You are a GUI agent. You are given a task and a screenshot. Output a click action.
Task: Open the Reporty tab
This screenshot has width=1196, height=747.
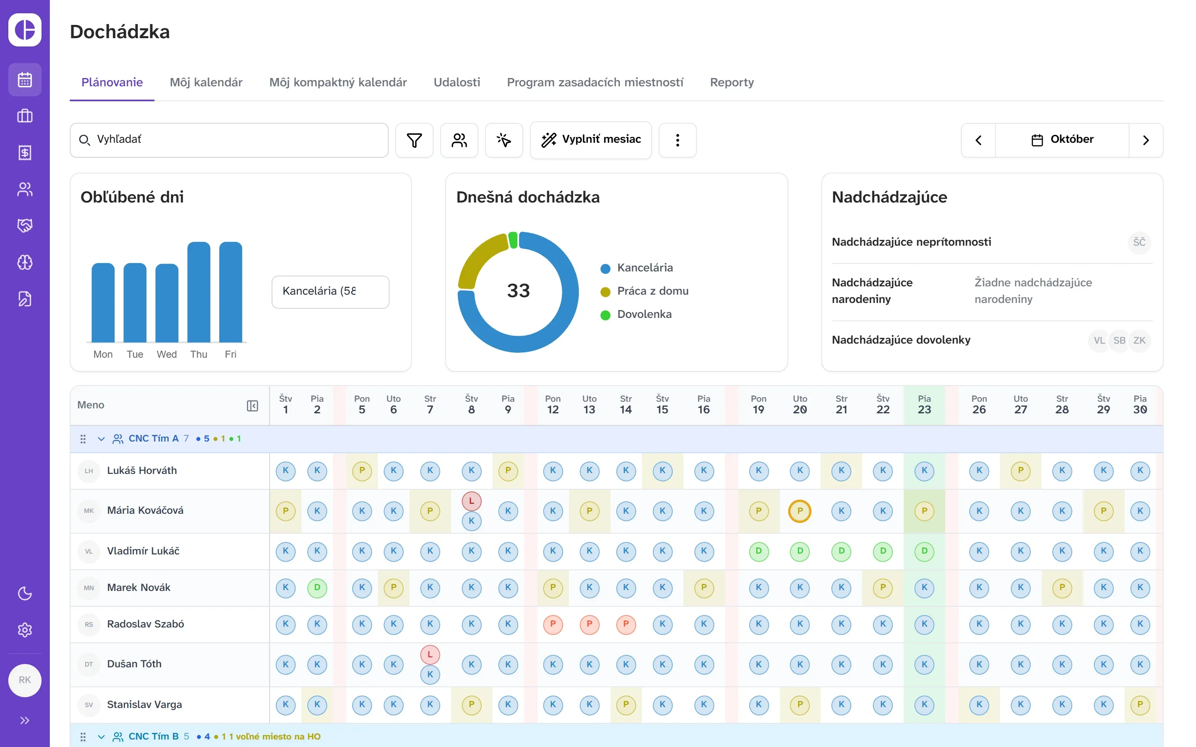click(x=731, y=82)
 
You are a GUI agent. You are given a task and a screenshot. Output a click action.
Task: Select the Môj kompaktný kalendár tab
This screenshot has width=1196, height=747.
click(x=338, y=82)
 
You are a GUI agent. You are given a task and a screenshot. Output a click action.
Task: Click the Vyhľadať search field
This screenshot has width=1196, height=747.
click(x=229, y=140)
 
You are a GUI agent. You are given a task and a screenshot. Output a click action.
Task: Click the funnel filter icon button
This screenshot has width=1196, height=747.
click(x=414, y=140)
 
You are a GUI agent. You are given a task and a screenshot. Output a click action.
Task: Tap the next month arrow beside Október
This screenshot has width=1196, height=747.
click(x=1146, y=140)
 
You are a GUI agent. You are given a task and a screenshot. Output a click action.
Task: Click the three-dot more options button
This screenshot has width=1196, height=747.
click(x=678, y=140)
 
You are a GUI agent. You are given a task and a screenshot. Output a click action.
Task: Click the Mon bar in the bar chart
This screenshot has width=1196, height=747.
click(x=103, y=303)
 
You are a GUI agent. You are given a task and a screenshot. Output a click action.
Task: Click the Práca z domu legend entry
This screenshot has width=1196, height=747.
click(x=644, y=291)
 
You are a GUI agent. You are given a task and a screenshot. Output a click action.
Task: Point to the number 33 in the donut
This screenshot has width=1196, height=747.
click(x=518, y=290)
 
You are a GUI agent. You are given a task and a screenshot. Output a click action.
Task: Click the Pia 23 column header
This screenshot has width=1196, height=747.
click(x=924, y=405)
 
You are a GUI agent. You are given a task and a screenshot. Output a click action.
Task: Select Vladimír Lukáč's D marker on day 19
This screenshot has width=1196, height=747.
click(x=758, y=551)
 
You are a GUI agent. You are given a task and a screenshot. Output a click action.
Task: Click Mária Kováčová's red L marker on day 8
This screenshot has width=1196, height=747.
click(x=471, y=501)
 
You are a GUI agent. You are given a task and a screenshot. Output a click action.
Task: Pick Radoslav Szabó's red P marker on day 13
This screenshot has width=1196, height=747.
click(x=589, y=624)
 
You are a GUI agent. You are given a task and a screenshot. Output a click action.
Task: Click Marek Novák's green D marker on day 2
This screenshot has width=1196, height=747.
click(x=317, y=587)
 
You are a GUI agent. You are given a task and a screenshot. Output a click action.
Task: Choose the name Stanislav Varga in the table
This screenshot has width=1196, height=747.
click(x=145, y=705)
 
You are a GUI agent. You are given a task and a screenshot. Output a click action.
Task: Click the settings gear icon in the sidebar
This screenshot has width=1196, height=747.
click(x=25, y=630)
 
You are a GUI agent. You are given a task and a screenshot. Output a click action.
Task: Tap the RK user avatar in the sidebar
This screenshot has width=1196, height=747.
click(x=25, y=680)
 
